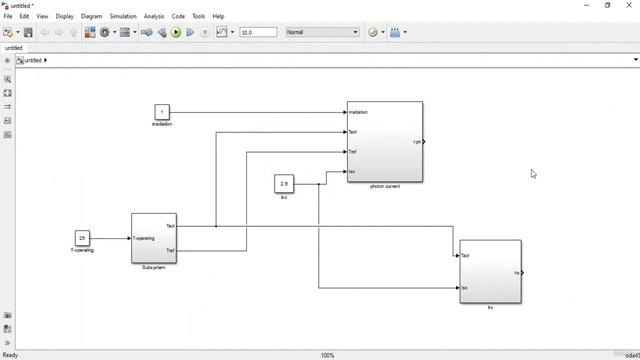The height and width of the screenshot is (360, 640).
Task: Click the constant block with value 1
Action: pyautogui.click(x=162, y=112)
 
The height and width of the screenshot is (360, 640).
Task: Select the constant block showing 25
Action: pyautogui.click(x=82, y=238)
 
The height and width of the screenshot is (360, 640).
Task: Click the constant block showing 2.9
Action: pyautogui.click(x=284, y=184)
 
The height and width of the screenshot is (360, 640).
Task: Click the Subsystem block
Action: pyautogui.click(x=154, y=238)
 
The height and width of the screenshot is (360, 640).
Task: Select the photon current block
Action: pyautogui.click(x=385, y=142)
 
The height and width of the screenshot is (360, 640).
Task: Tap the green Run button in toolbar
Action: pyautogui.click(x=176, y=32)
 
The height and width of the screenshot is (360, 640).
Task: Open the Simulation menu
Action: pyautogui.click(x=123, y=16)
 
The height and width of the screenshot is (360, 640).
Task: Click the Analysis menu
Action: pyautogui.click(x=154, y=16)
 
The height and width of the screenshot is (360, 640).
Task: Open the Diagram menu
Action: pyautogui.click(x=91, y=16)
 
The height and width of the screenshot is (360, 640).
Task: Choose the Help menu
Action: pyautogui.click(x=218, y=16)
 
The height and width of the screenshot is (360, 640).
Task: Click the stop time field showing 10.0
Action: pyautogui.click(x=258, y=32)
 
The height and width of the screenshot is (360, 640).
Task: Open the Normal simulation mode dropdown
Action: pyautogui.click(x=322, y=32)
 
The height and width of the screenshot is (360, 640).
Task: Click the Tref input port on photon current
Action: pyautogui.click(x=352, y=152)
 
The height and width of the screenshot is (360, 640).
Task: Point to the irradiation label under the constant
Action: pyautogui.click(x=162, y=124)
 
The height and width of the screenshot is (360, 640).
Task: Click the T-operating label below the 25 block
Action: pyautogui.click(x=82, y=250)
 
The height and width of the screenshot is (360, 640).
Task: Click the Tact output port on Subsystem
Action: pyautogui.click(x=171, y=226)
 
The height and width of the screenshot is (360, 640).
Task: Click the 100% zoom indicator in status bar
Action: pyautogui.click(x=327, y=355)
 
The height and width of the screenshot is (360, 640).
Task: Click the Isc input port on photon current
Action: pyautogui.click(x=352, y=171)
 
